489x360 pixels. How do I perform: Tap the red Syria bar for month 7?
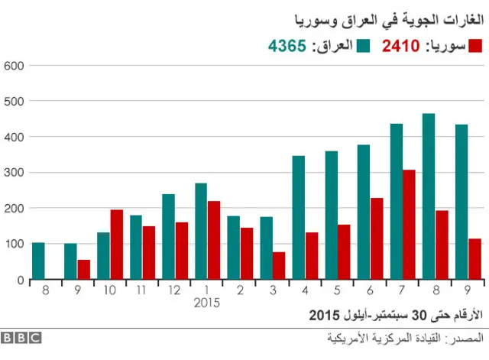(410, 225)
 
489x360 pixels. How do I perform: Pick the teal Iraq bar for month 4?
(299, 218)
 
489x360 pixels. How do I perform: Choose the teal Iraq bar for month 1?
(201, 232)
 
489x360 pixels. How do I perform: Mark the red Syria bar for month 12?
(181, 251)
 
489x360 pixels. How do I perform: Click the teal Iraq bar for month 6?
(364, 212)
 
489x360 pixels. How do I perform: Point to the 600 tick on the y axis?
(15, 65)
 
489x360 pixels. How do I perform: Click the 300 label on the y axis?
(15, 173)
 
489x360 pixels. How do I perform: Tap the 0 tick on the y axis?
(21, 281)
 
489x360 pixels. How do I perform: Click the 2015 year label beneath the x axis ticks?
(207, 303)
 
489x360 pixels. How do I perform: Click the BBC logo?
(21, 337)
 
